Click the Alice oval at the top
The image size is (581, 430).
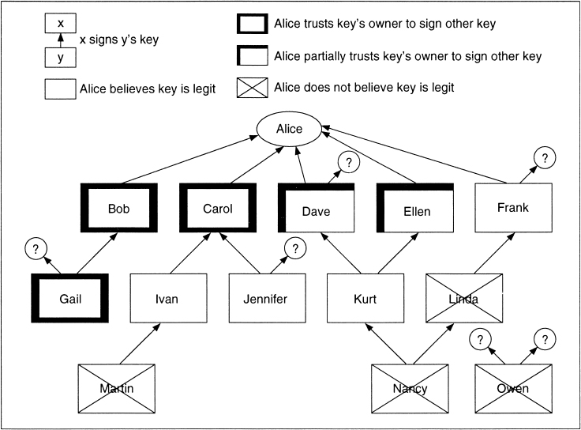click(290, 130)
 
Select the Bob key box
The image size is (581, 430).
click(118, 209)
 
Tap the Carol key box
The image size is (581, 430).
click(218, 209)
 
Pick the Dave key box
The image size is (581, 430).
click(316, 211)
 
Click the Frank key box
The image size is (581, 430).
click(512, 209)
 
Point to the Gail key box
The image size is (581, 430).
click(70, 299)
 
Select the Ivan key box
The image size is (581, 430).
click(167, 299)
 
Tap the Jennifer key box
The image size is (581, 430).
click(266, 299)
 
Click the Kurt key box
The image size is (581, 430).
click(365, 299)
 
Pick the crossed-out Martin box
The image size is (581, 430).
click(118, 388)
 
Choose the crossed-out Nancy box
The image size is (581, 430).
click(410, 388)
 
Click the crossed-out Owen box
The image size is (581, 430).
click(513, 388)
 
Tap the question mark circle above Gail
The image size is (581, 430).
click(35, 249)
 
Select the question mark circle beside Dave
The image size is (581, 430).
click(347, 162)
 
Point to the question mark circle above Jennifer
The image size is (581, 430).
click(295, 248)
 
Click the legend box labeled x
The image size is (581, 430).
click(61, 24)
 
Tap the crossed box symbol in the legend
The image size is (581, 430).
click(252, 88)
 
